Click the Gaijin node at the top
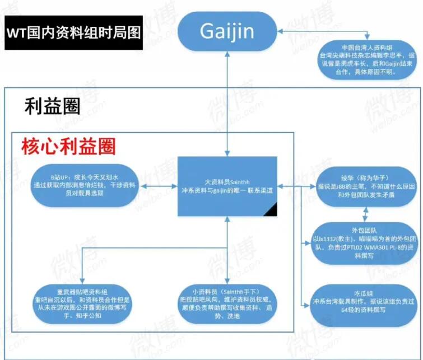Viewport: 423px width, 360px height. (x=227, y=30)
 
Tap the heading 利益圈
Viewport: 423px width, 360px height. (x=52, y=105)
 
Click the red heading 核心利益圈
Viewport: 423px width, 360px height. (x=69, y=147)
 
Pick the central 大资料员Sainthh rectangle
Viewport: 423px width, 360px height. (x=227, y=186)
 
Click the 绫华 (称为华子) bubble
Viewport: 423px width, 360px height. (x=364, y=184)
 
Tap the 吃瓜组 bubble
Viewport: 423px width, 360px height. (x=364, y=302)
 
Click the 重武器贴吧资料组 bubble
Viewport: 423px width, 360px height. (x=81, y=302)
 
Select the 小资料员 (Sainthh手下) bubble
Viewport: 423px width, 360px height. (x=226, y=302)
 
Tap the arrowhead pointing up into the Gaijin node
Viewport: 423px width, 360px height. (x=227, y=54)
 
